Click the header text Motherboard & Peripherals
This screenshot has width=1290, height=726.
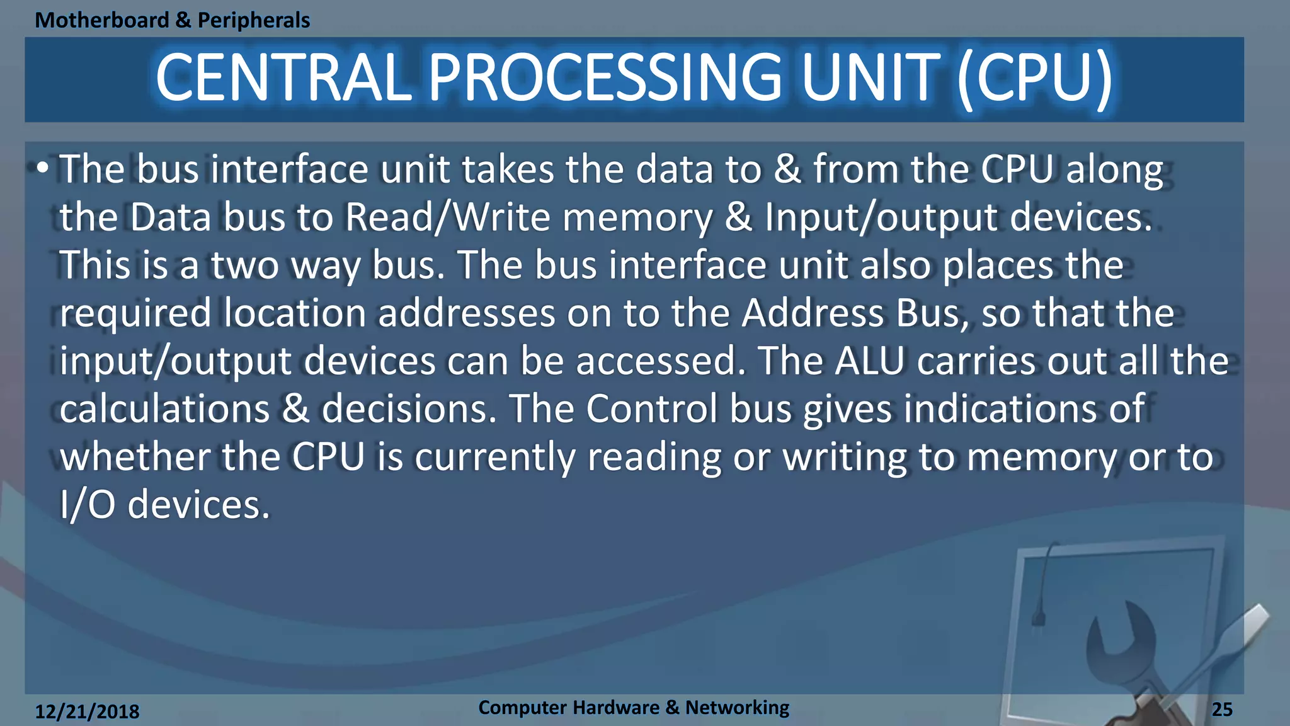pyautogui.click(x=172, y=20)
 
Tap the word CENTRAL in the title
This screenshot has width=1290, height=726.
pyautogui.click(x=283, y=78)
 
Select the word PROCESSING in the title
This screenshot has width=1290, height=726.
pyautogui.click(x=605, y=78)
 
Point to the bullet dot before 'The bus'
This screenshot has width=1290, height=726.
pyautogui.click(x=42, y=168)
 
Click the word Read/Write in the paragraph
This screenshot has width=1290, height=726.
pyautogui.click(x=448, y=217)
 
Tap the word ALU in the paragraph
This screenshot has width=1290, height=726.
pyautogui.click(x=869, y=361)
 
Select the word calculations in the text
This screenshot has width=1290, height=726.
pyautogui.click(x=164, y=409)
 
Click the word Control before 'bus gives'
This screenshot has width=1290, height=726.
pyautogui.click(x=651, y=409)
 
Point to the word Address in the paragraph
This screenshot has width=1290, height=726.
pyautogui.click(x=813, y=313)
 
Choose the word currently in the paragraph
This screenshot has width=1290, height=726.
pyautogui.click(x=494, y=457)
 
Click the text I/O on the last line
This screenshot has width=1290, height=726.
pyautogui.click(x=87, y=505)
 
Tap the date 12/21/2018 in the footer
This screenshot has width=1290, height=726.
pyautogui.click(x=87, y=712)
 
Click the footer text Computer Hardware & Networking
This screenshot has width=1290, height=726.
pyautogui.click(x=633, y=708)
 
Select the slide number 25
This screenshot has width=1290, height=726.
pyautogui.click(x=1222, y=710)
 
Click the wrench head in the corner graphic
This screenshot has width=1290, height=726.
pyautogui.click(x=1121, y=637)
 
